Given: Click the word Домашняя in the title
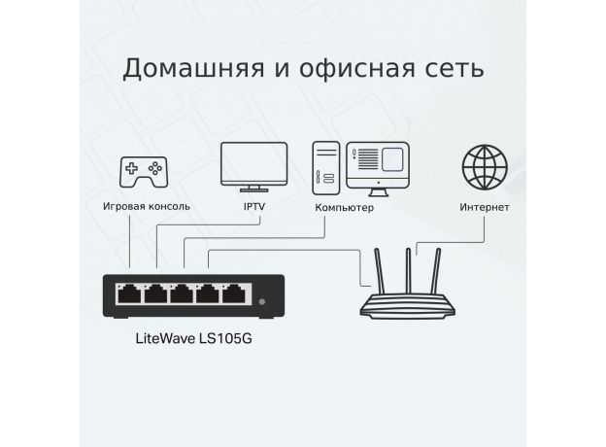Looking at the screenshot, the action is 193,69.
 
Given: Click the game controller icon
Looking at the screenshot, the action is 144,172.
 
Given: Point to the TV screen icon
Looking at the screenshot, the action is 253,167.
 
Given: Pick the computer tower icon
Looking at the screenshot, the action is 326,168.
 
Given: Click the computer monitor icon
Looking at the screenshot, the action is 378,169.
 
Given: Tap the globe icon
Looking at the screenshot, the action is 485,167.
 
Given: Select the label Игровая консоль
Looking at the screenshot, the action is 147,206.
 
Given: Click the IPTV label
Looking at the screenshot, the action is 254,206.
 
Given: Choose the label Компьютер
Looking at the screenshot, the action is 345,208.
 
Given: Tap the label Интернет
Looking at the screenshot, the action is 485,207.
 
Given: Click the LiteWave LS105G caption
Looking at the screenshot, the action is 193,338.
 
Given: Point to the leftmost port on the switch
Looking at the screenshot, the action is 129,293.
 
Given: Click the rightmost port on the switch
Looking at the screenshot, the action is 234,293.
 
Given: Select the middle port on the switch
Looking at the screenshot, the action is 182,293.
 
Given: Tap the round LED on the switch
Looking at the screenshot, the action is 262,301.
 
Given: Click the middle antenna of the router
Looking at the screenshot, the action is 408,271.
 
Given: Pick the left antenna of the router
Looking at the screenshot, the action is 379,271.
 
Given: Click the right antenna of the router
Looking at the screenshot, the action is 436,271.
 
